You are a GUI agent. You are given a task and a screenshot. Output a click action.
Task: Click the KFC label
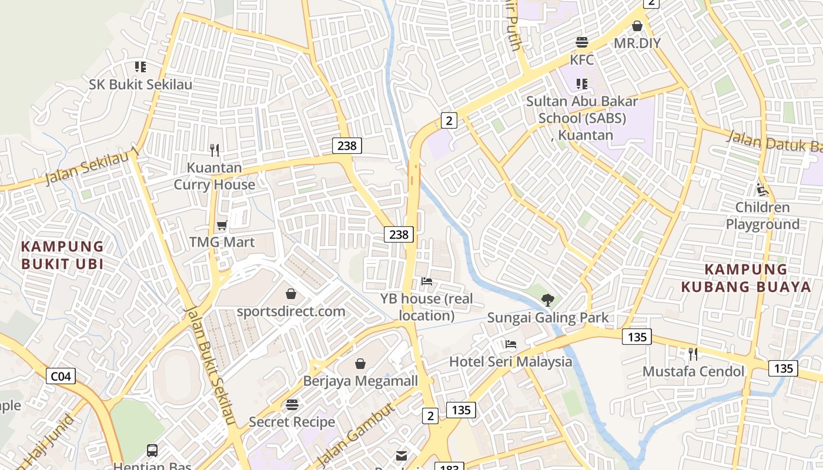coord(582,60)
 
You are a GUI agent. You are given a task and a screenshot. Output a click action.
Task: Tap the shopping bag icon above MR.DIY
coord(637,26)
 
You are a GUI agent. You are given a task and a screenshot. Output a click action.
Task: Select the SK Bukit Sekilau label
coord(140,85)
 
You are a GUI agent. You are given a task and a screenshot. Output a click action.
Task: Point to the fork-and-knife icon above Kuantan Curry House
coord(215,150)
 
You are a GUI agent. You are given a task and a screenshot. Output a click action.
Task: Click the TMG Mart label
coord(222,242)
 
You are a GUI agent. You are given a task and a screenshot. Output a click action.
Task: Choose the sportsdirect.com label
coord(291,311)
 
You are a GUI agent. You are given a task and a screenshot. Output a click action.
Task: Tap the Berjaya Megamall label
coord(360,381)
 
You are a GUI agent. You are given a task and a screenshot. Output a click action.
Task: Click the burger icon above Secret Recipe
coord(292,405)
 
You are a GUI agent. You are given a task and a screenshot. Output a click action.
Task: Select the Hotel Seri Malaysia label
coord(510,361)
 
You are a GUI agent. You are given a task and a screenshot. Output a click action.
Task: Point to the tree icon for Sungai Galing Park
coord(548,300)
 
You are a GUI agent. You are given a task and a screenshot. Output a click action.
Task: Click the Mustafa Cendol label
coord(693,371)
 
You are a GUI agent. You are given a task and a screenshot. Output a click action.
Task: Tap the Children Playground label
coord(762,216)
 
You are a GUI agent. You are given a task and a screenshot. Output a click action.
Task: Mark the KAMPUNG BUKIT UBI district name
coord(62,255)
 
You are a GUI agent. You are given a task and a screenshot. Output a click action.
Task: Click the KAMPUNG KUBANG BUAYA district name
coord(746,278)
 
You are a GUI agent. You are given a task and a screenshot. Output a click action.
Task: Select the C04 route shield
coord(61,376)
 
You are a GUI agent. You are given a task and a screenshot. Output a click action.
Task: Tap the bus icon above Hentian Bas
coord(152,451)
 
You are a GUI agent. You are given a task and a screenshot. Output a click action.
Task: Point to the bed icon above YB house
coord(427,282)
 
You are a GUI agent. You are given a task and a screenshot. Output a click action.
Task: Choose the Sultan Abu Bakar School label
coord(582,117)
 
